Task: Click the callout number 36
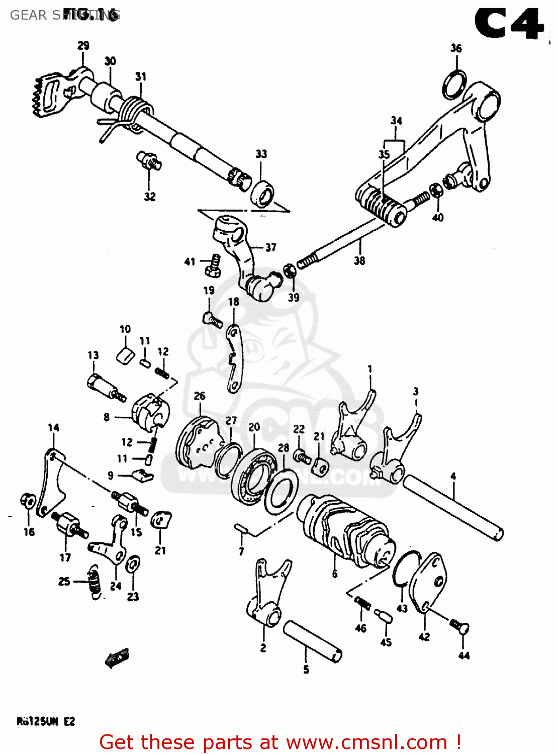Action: [x=456, y=48]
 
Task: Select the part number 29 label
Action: [x=83, y=46]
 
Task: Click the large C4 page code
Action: [x=509, y=24]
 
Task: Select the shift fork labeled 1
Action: [x=352, y=427]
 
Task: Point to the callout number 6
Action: [x=335, y=574]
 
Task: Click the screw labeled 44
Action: [x=459, y=626]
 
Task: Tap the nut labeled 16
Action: [x=28, y=501]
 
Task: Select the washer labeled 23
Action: [x=133, y=564]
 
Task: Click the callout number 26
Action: [x=200, y=396]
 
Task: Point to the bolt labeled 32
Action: [x=149, y=160]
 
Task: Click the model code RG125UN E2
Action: [x=46, y=722]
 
